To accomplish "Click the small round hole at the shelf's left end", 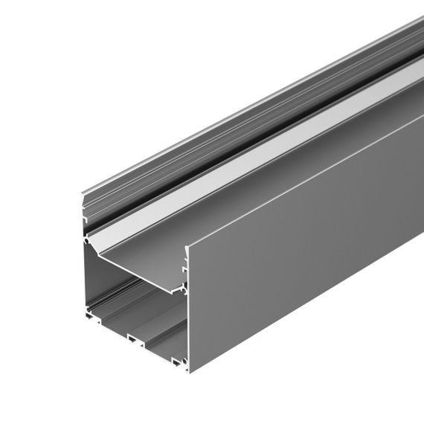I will [x=90, y=242].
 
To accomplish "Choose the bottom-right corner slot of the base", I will [x=177, y=363].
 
